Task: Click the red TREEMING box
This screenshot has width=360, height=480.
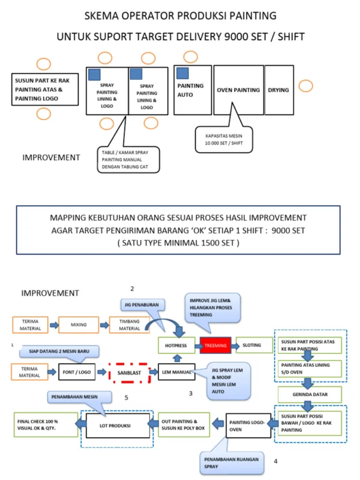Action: (215, 346)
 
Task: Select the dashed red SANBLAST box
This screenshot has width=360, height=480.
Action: (130, 373)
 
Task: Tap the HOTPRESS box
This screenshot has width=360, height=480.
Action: (176, 346)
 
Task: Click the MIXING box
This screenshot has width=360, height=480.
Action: (79, 325)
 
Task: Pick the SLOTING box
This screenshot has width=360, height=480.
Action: (254, 345)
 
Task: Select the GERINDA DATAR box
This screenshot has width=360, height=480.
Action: (310, 395)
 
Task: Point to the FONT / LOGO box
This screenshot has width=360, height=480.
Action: (77, 372)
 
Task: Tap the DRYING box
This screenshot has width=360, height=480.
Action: (279, 90)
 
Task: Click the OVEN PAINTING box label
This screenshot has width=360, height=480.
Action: (238, 90)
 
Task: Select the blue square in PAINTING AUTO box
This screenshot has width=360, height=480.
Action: (182, 73)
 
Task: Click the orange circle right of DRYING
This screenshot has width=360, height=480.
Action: (305, 86)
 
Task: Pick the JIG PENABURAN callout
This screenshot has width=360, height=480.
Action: (142, 305)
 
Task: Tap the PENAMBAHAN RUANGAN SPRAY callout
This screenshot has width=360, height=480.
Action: (232, 463)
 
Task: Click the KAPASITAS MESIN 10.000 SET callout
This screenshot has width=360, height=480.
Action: (224, 139)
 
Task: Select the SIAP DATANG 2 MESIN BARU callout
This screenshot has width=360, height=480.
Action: (59, 351)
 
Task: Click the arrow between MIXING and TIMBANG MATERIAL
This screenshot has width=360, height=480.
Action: (104, 325)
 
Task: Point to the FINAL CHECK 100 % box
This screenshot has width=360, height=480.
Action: (46, 425)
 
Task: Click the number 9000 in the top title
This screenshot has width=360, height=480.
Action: (236, 37)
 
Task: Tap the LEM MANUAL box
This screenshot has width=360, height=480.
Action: (176, 372)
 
